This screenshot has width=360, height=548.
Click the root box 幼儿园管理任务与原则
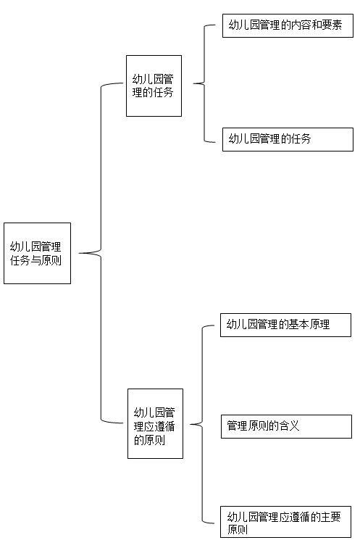[x=38, y=253]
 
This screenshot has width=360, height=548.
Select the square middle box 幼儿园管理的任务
[x=154, y=86]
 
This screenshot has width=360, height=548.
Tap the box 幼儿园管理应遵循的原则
[x=156, y=423]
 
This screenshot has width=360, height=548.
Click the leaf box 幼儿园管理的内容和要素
[x=288, y=25]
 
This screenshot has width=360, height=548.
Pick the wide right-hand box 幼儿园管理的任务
[x=288, y=139]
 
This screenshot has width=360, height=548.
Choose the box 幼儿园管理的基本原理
[x=285, y=325]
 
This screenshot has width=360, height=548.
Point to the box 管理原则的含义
[x=286, y=426]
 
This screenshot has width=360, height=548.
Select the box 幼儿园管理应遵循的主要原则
[x=285, y=522]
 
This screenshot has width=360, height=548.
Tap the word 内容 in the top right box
[x=301, y=25]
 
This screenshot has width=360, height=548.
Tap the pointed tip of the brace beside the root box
[x=79, y=253]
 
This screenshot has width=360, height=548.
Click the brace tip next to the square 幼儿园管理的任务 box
[x=193, y=83]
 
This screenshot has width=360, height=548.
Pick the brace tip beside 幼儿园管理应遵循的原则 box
[x=191, y=425]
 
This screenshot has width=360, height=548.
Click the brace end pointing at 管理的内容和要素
[x=215, y=25]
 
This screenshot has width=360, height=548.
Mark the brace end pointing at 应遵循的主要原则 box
[x=214, y=523]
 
